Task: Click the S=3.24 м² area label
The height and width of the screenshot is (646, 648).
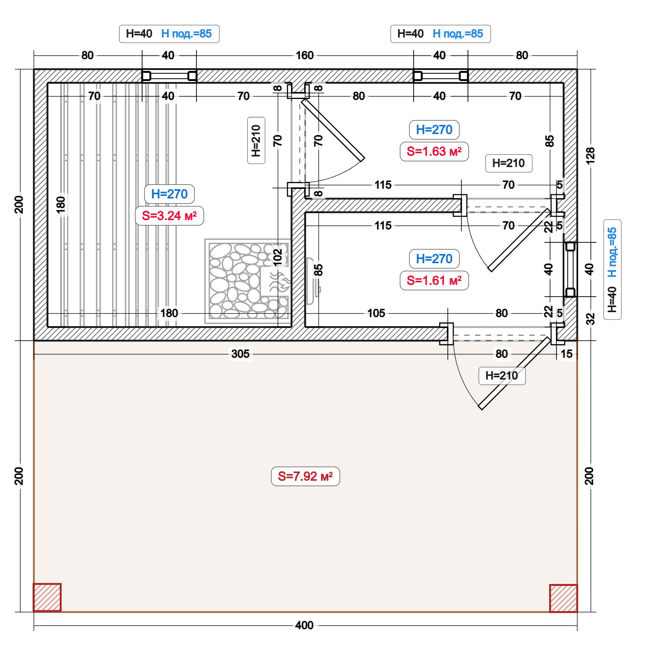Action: (x=169, y=216)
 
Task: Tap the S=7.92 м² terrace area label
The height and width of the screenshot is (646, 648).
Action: (x=305, y=476)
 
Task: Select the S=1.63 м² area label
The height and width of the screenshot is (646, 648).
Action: (x=434, y=151)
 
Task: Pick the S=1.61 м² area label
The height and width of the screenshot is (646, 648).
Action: (x=434, y=280)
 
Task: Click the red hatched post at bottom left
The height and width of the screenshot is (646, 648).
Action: (x=47, y=598)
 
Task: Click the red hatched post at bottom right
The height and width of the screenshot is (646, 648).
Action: (x=563, y=598)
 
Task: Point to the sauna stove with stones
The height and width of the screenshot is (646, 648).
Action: (x=248, y=281)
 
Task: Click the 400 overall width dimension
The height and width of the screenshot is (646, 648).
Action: (x=304, y=625)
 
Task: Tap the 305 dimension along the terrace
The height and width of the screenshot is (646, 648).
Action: (x=240, y=354)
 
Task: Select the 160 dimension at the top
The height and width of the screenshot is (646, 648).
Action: (x=305, y=55)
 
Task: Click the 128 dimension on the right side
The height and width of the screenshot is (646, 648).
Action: (x=590, y=155)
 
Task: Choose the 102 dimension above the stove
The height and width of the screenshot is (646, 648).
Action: (x=277, y=257)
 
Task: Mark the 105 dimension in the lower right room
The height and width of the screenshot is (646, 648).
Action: (x=376, y=313)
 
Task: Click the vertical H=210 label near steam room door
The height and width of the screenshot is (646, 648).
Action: (x=256, y=140)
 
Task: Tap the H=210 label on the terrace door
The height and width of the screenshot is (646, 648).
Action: (x=502, y=375)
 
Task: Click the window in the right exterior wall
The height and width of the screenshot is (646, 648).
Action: (x=570, y=269)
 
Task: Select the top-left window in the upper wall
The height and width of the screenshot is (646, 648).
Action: (x=169, y=76)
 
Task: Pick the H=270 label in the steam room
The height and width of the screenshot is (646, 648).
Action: (x=169, y=194)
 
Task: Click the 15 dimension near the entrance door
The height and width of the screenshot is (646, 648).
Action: (x=567, y=354)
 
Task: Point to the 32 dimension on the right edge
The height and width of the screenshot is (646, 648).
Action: (x=590, y=319)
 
